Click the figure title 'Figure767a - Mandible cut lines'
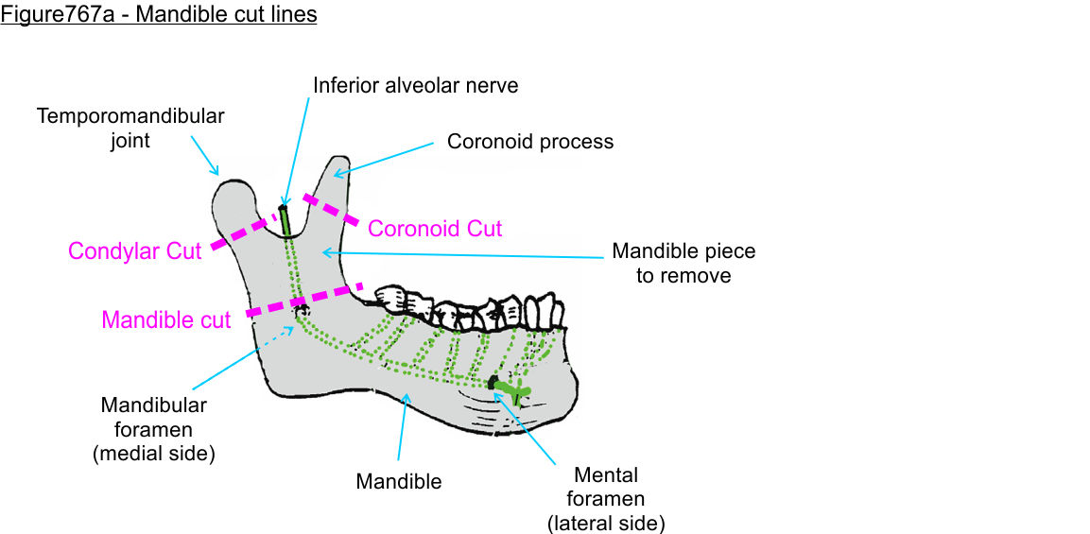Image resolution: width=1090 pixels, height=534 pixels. (x=159, y=15)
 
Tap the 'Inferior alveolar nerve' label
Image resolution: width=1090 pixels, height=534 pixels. (x=416, y=85)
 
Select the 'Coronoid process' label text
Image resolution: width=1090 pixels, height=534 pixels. (x=530, y=142)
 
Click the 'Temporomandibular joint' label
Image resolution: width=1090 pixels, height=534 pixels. (x=130, y=128)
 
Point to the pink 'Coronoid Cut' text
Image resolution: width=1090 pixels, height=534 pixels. (x=435, y=229)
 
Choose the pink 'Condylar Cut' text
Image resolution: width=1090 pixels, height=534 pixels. (x=135, y=251)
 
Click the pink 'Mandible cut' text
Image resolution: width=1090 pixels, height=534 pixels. (x=166, y=320)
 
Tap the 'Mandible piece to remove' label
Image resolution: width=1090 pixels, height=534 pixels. (x=683, y=264)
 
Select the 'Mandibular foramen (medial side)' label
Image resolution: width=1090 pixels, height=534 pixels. (x=154, y=428)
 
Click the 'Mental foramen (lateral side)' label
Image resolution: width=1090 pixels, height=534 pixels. (x=606, y=498)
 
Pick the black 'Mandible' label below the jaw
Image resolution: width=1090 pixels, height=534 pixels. (x=398, y=481)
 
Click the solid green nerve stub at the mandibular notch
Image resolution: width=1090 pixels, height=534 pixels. (x=285, y=221)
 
